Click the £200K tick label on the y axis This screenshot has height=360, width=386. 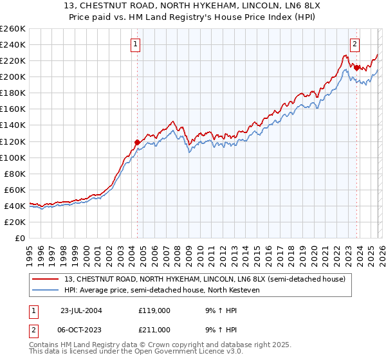tap(12, 76)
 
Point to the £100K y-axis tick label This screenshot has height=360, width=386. tap(12, 157)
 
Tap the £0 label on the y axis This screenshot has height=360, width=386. tap(19, 238)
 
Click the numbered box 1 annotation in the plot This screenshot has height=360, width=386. tap(136, 44)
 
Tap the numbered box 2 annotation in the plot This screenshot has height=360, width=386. tap(354, 44)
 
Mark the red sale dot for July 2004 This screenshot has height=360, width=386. tap(137, 142)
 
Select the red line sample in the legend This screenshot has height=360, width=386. tap(46, 279)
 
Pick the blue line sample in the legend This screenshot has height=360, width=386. tap(46, 290)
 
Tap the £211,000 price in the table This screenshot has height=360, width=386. tap(154, 329)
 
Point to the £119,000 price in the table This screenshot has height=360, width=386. tap(154, 310)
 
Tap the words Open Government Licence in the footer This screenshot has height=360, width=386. tap(187, 353)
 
